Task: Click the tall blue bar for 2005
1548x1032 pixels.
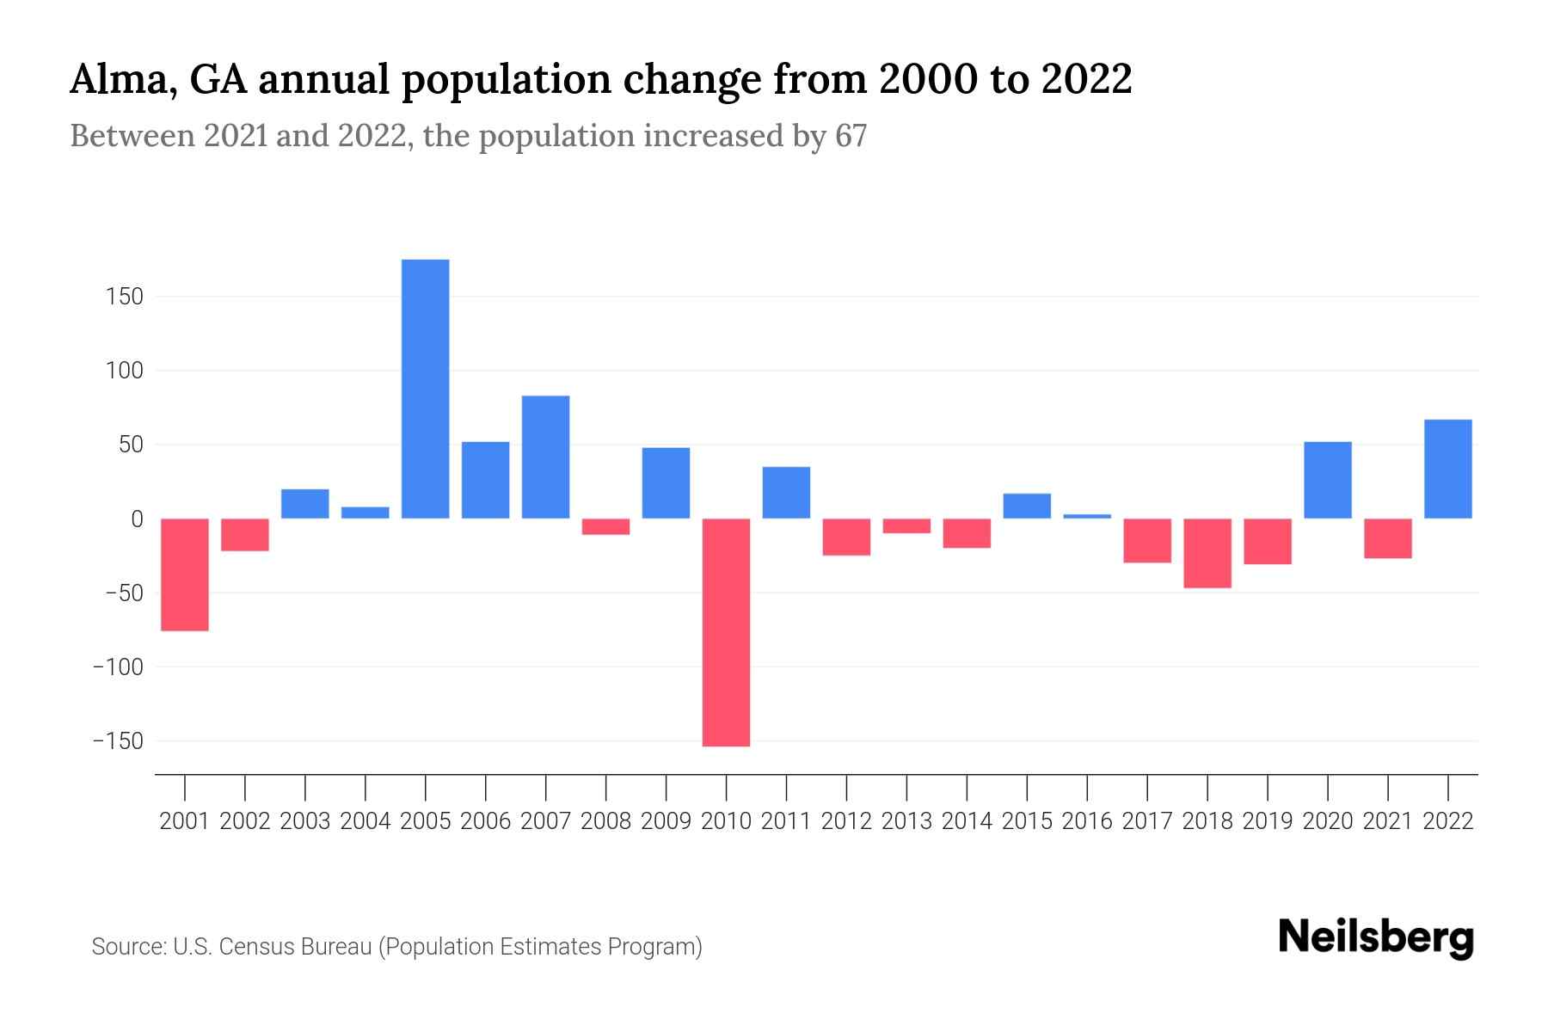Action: tap(425, 389)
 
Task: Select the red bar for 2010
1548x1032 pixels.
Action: tap(726, 632)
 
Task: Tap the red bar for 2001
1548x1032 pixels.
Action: tap(185, 574)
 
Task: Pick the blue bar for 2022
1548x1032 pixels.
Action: tap(1447, 469)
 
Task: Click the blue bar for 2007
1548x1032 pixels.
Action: tap(545, 457)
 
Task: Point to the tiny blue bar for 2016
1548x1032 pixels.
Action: tap(1087, 516)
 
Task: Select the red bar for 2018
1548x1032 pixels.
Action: tap(1207, 553)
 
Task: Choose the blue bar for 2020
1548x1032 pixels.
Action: tap(1327, 480)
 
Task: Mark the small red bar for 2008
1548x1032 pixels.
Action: tap(605, 526)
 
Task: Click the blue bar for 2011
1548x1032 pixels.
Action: tap(786, 492)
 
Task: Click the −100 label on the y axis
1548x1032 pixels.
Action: tap(118, 666)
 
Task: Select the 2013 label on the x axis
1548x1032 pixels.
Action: tap(906, 821)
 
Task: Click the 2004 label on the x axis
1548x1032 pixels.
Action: tap(365, 821)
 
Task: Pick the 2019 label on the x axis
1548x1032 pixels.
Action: tap(1267, 821)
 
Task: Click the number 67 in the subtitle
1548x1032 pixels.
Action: tap(850, 136)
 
